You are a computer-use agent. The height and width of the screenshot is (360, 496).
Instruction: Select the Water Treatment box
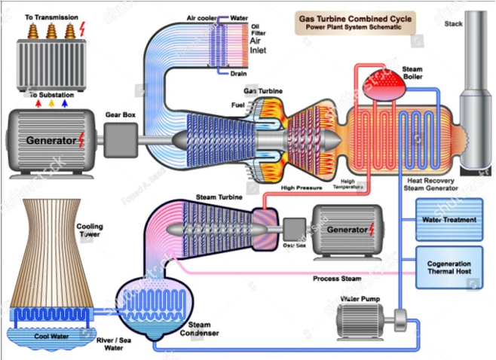449,220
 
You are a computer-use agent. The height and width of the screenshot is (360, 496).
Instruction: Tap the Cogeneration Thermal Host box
449,269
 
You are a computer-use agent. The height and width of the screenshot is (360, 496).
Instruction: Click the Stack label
454,24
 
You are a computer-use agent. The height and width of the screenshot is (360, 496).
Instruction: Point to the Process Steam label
338,279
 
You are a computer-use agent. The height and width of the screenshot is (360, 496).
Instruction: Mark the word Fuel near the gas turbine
238,105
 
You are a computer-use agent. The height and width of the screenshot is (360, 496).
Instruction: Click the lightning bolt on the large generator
81,140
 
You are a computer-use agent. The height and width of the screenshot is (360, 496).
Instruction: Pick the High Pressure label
302,188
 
